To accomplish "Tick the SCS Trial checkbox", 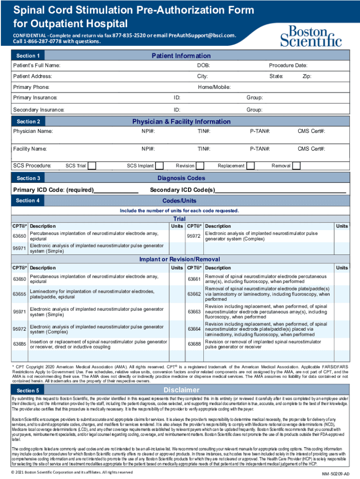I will pyautogui.click(x=92, y=166).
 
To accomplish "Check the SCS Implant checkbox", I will pyautogui.click(x=159, y=166).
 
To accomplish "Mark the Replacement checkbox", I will pyautogui.click(x=251, y=166).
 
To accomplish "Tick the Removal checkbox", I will pyautogui.click(x=296, y=166).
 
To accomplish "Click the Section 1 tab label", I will pyautogui.click(x=29, y=56).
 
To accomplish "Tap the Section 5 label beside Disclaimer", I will pyautogui.click(x=28, y=390).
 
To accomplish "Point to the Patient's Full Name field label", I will pyautogui.click(x=36, y=66).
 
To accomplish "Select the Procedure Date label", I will pyautogui.click(x=288, y=66).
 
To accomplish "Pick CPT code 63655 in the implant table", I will pyautogui.click(x=20, y=294).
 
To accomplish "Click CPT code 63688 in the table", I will pyautogui.click(x=194, y=344).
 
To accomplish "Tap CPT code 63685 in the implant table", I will pyautogui.click(x=20, y=344).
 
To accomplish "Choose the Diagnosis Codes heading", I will pyautogui.click(x=181, y=178).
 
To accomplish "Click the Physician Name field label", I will pyautogui.click(x=33, y=131).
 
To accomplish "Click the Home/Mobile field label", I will pyautogui.click(x=214, y=87).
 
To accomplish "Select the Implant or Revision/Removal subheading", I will pyautogui.click(x=180, y=259).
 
